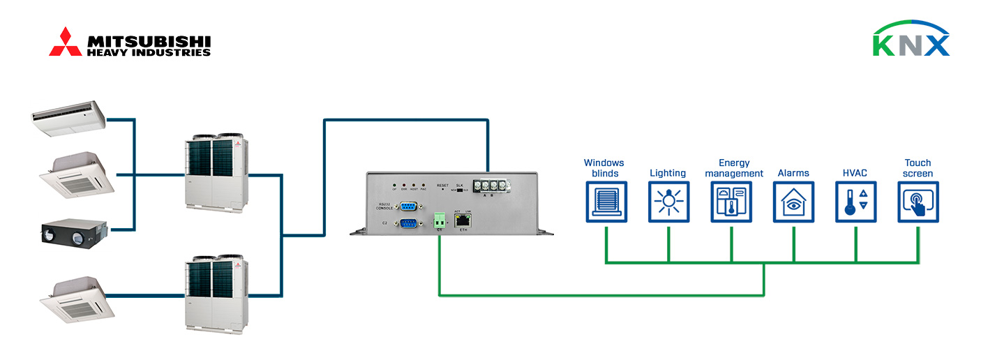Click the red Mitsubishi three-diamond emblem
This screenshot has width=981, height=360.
point(65,42)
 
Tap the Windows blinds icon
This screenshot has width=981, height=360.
point(606,202)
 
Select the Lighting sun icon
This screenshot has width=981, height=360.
point(668,202)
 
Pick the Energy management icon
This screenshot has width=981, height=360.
point(731,202)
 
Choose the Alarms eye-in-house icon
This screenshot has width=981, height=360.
point(794,202)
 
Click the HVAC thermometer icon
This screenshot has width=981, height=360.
point(856,202)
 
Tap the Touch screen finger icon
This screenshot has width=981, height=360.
point(918,202)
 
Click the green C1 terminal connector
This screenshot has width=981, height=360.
point(440,221)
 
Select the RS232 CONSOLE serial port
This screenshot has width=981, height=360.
point(407,206)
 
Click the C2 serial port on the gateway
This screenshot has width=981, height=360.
point(407,223)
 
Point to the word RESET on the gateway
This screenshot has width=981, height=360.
point(442,185)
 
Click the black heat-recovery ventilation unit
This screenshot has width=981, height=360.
point(73,232)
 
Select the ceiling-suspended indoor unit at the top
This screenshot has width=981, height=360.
point(68,114)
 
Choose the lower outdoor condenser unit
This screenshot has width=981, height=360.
point(215,291)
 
